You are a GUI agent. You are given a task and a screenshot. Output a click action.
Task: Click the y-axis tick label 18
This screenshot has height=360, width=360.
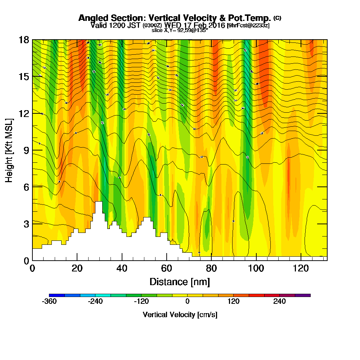24,40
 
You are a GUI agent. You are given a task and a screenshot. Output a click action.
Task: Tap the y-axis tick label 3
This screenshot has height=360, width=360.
26,224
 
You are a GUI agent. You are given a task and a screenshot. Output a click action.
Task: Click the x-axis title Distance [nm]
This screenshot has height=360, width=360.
180,282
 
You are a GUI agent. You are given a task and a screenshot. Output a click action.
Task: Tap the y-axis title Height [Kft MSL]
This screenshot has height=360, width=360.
9,150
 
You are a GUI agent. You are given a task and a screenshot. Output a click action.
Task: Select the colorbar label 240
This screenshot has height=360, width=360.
279,301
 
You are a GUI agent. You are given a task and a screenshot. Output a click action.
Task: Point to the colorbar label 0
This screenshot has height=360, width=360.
187,301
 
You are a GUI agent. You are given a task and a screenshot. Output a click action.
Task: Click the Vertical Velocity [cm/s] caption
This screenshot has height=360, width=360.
180,315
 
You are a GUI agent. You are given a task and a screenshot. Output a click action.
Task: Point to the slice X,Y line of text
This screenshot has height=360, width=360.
180,30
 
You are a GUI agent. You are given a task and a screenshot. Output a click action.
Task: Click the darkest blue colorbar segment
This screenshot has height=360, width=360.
57,295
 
